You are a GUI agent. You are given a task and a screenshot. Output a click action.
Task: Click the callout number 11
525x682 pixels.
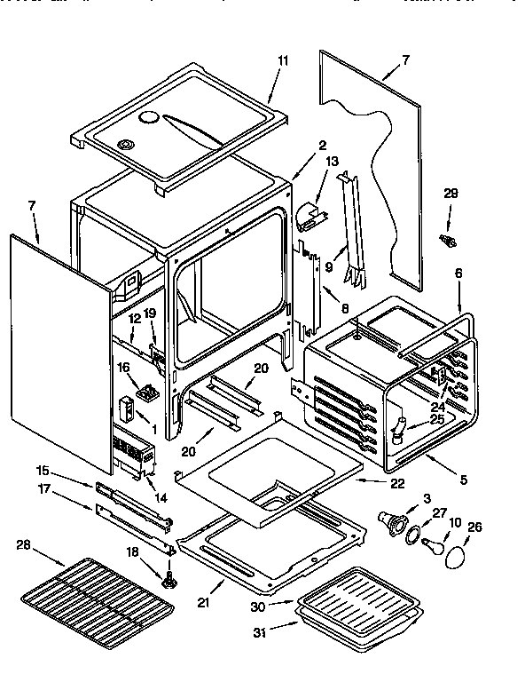click(283, 60)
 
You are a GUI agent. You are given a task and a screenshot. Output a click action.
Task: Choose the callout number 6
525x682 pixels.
click(458, 276)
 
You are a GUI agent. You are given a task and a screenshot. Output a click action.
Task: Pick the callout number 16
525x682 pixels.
click(123, 366)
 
